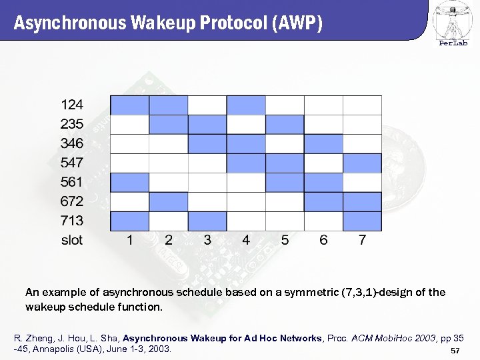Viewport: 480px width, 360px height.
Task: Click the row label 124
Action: [72, 105]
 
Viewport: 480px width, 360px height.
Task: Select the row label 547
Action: [72, 163]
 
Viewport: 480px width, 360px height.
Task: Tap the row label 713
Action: [72, 221]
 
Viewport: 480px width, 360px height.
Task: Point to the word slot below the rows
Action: [72, 240]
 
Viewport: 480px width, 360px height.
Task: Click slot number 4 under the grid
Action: [246, 240]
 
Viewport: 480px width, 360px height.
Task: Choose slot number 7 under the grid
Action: [362, 240]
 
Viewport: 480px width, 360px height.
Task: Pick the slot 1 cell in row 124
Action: [129, 105]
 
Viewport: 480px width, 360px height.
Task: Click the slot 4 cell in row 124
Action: [246, 105]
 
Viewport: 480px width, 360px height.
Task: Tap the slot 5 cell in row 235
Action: [285, 125]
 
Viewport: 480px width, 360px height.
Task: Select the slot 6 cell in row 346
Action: [323, 144]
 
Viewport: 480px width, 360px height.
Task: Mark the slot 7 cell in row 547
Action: [362, 163]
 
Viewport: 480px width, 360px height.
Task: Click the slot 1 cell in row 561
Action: [129, 183]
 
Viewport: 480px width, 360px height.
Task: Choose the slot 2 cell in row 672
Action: [168, 201]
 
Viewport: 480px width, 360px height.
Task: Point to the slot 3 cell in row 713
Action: [207, 221]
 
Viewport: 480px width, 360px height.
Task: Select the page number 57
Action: [456, 351]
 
